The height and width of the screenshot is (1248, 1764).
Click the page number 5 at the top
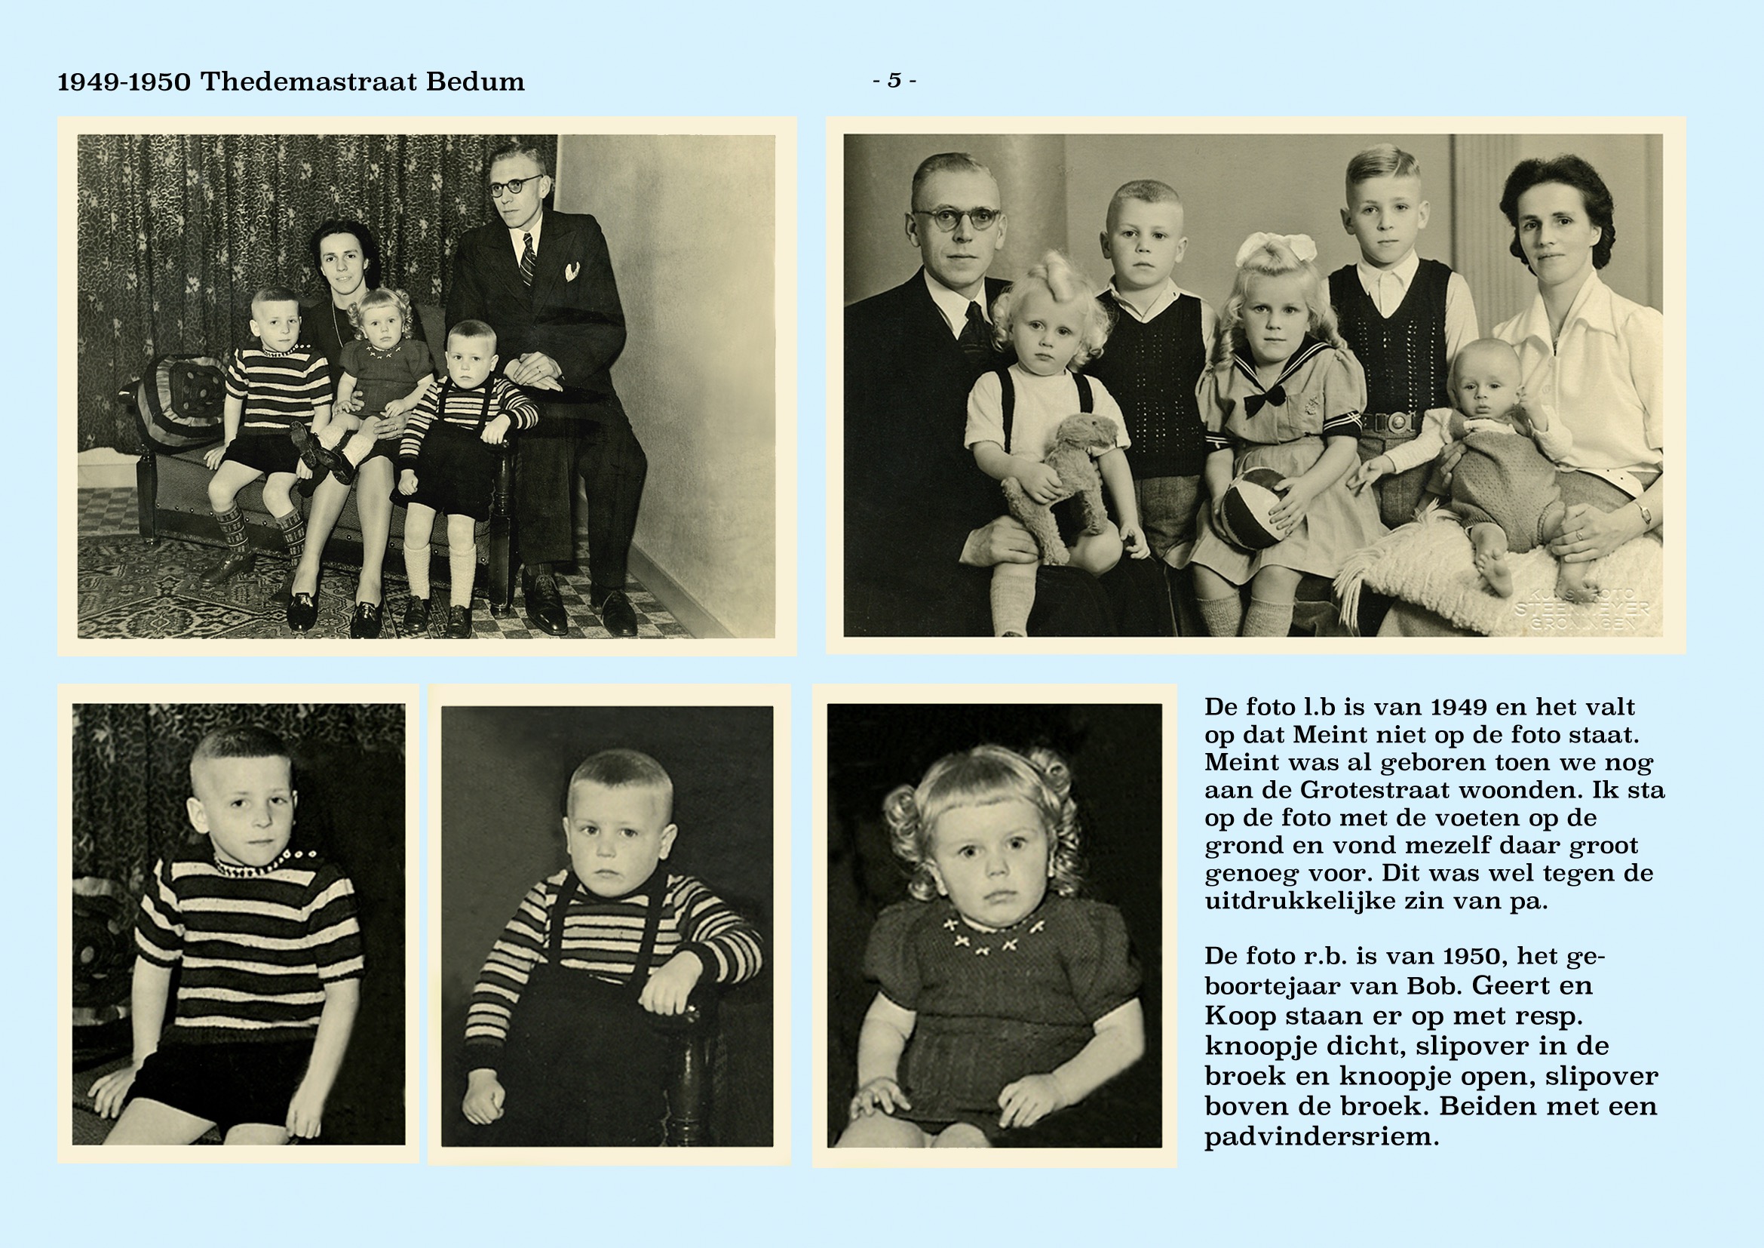coord(894,80)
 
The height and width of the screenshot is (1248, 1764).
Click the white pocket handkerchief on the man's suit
coord(572,272)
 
